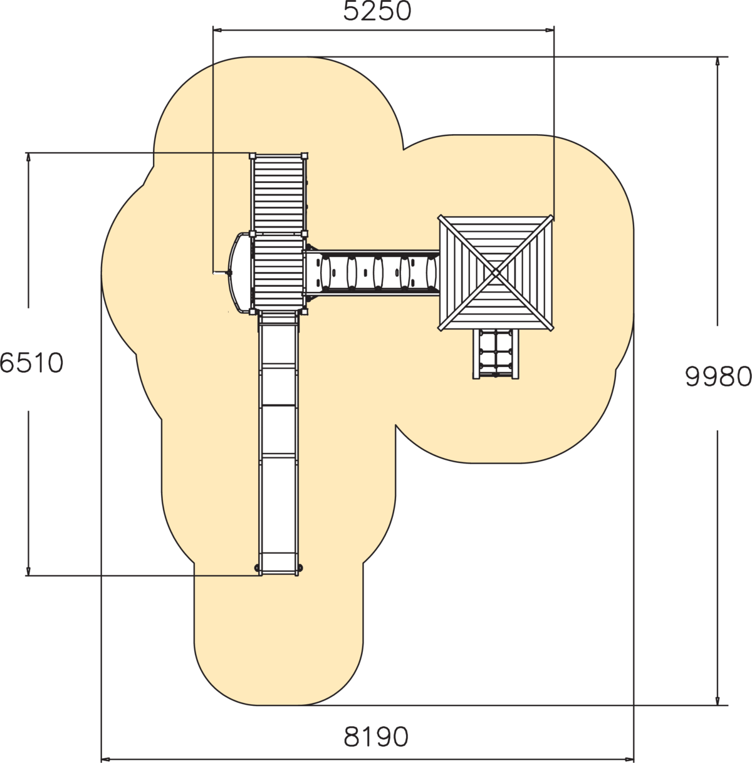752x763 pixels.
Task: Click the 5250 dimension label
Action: (x=377, y=11)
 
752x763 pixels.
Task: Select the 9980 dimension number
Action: (x=718, y=376)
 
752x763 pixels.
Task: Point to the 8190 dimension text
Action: (x=375, y=737)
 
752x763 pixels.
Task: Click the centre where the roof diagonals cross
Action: (x=495, y=272)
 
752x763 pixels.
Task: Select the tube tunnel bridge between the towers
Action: (x=372, y=272)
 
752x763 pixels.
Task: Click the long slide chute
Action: (x=278, y=443)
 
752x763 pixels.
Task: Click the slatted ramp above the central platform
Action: (x=279, y=193)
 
